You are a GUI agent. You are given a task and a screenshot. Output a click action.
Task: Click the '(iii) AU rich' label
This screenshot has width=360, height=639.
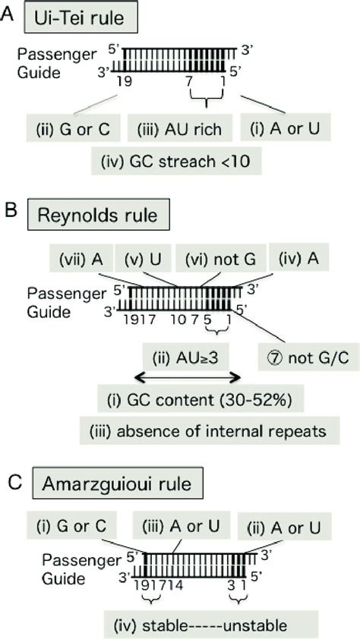[175, 129]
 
